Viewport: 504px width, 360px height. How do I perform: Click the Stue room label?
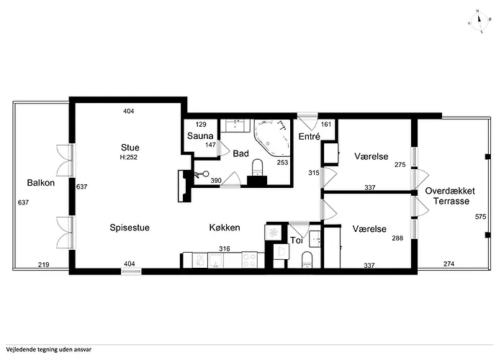(x=130, y=147)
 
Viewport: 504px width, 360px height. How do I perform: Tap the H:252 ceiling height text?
(x=130, y=157)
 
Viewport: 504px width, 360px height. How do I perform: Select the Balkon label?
(x=41, y=183)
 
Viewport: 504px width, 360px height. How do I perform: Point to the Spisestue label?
(x=130, y=228)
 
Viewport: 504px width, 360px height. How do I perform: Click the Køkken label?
(x=224, y=228)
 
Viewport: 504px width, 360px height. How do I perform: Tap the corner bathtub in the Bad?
(x=272, y=137)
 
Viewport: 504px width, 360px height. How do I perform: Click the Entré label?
(x=309, y=136)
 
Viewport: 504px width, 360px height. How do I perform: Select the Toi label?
(x=295, y=241)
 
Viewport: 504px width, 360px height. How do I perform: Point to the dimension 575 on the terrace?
(x=481, y=217)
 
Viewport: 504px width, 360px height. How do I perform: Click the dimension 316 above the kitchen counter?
(x=225, y=249)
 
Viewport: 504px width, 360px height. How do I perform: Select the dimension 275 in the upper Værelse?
(x=400, y=165)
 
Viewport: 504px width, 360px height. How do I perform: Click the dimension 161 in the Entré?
(x=325, y=125)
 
